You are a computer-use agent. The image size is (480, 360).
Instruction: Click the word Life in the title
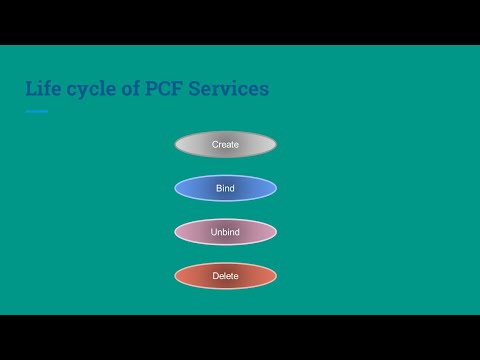[x=44, y=89]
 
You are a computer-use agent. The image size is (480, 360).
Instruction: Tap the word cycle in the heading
[x=93, y=89]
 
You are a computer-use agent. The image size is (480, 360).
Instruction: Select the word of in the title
[x=136, y=89]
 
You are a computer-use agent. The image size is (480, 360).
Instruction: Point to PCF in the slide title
[x=172, y=89]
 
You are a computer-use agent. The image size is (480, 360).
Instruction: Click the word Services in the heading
[x=232, y=89]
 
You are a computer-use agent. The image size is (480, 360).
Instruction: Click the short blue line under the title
[x=36, y=111]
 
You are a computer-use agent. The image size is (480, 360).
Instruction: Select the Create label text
[x=225, y=145]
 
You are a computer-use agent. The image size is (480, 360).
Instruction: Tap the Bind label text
[x=225, y=188]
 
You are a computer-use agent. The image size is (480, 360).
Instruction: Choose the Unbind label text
[x=225, y=232]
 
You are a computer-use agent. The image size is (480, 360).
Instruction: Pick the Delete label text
[x=225, y=276]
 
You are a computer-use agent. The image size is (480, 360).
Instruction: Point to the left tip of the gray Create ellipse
[x=176, y=145]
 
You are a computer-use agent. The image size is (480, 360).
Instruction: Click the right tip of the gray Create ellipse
[x=275, y=145]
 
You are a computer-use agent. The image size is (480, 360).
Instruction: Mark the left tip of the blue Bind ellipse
[x=176, y=188]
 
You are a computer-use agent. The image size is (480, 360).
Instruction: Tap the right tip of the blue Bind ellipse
[x=275, y=188]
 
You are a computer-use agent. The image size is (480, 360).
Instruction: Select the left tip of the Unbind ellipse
[x=176, y=232]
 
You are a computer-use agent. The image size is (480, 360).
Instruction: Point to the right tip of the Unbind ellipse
[x=275, y=232]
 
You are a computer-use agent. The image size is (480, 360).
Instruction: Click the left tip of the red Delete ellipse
[x=176, y=276]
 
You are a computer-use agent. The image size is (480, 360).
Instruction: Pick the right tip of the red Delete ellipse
[x=275, y=276]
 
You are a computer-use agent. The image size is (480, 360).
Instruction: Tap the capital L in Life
[x=31, y=89]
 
